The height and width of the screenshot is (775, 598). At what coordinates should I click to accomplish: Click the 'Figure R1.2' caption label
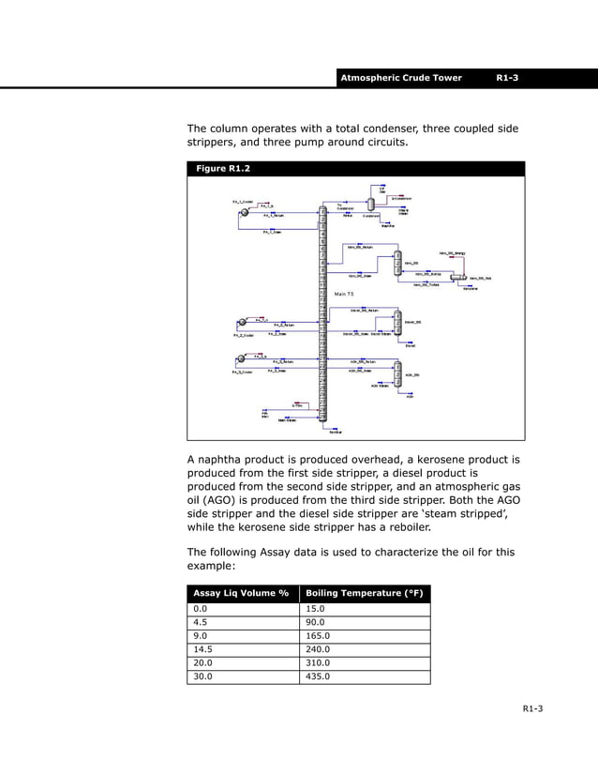[x=222, y=169]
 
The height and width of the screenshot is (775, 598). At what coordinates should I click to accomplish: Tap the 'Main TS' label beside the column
[x=343, y=295]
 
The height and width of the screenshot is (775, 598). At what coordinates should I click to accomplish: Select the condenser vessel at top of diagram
[x=370, y=202]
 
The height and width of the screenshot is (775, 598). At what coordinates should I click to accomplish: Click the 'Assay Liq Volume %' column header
[x=242, y=593]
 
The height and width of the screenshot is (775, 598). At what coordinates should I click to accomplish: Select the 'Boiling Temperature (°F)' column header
[x=365, y=593]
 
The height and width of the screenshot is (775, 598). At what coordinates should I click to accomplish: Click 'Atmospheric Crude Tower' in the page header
[x=401, y=78]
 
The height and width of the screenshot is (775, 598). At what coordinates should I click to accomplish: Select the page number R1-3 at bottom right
[x=531, y=721]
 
